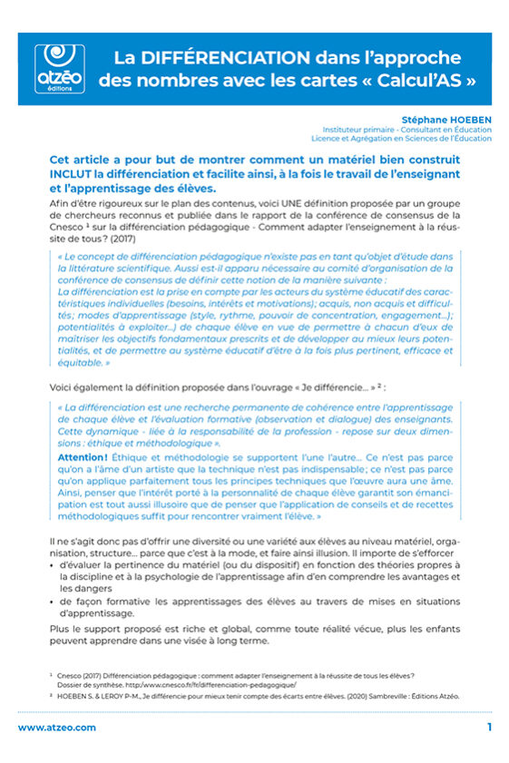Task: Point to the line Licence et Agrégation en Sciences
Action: pos(407,140)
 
